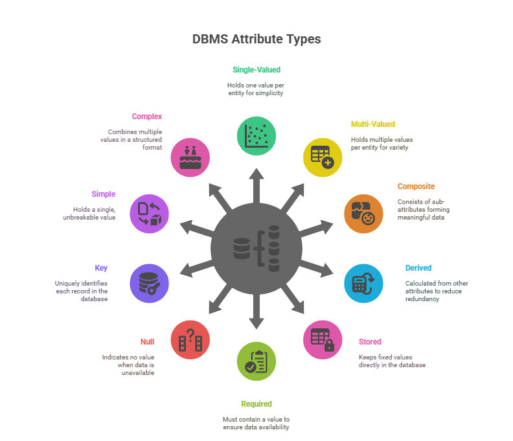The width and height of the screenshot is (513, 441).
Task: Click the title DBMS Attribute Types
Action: coord(256,39)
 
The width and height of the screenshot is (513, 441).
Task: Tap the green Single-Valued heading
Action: coord(256,70)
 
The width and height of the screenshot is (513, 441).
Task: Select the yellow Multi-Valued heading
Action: coord(373,124)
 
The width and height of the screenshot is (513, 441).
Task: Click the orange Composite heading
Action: coord(416,187)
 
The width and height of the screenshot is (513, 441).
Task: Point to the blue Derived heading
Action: coord(418,268)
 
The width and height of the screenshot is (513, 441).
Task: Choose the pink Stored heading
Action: coord(370,342)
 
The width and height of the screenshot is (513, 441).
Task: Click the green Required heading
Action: coord(256,404)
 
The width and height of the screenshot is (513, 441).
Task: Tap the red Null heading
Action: coord(147,342)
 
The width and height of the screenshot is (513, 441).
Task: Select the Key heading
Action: coord(101,268)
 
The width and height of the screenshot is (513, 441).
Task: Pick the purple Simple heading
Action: coord(104,194)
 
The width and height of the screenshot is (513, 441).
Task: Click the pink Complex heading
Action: coord(147,117)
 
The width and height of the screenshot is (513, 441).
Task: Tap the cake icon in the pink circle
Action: coord(190,157)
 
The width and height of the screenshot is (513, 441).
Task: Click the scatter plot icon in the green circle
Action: coord(256,136)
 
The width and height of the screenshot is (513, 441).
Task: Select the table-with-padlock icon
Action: coord(323,340)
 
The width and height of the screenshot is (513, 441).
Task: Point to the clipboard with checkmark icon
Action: coord(256,361)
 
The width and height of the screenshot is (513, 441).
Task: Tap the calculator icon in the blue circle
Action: coord(363,283)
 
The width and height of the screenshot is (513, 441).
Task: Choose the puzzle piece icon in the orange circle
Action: coord(363,214)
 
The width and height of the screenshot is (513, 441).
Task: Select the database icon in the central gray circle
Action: coord(256,249)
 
